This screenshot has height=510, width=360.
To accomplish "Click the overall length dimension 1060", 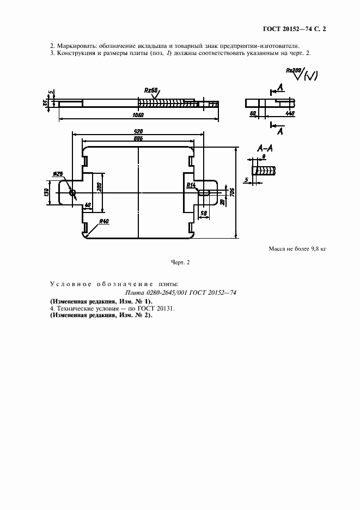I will [x=137, y=116].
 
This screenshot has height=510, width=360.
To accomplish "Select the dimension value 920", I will [x=138, y=132].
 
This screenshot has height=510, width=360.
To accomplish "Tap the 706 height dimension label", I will [x=232, y=192].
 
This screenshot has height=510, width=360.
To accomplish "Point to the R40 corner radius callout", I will [x=103, y=221].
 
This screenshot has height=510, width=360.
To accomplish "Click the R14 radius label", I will [x=191, y=185].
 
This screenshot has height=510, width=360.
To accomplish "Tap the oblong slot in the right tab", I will [x=206, y=192].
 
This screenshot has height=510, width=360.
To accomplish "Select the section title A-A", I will [x=265, y=148].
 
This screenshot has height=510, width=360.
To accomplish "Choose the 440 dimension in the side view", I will [x=290, y=113].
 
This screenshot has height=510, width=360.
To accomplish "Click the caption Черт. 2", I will [x=180, y=263].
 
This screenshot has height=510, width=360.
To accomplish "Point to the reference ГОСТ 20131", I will [x=159, y=308].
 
